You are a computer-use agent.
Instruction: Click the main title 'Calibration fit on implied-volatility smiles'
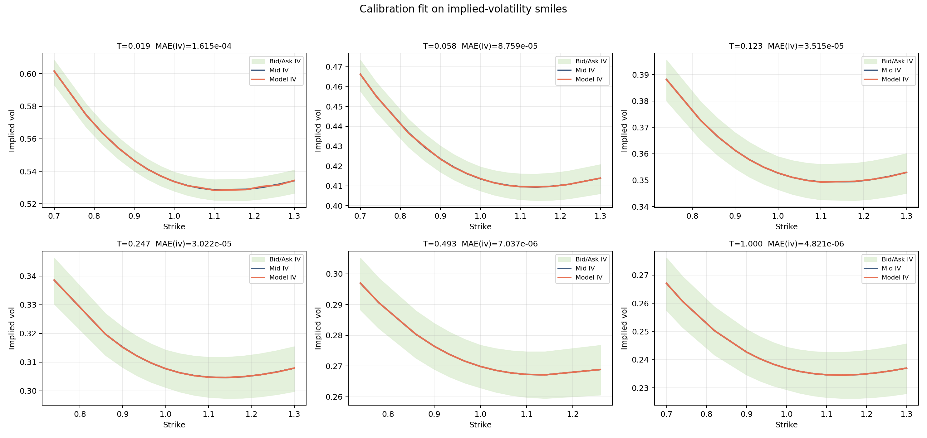[x=463, y=9]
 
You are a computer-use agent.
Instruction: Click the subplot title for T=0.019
[x=174, y=46]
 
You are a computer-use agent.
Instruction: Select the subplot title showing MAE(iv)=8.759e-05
[x=480, y=46]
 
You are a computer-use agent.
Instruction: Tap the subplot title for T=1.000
[x=786, y=244]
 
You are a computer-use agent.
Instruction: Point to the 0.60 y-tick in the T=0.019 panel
[x=28, y=74]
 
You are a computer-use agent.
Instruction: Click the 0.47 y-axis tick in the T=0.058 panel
[x=334, y=67]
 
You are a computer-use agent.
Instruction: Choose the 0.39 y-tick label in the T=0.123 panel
[x=640, y=75]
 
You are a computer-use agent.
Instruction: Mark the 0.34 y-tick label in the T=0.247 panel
[x=28, y=276]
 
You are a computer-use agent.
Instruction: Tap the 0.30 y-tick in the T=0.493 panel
[x=334, y=274]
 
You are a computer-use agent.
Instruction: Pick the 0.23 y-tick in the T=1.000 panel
[x=640, y=388]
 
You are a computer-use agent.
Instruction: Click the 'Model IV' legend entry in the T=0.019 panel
[x=282, y=80]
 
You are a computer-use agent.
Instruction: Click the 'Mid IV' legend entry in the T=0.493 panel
[x=585, y=268]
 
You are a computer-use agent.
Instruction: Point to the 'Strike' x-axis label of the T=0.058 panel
[x=480, y=226]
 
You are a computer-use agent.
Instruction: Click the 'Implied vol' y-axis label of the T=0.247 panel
[x=12, y=328]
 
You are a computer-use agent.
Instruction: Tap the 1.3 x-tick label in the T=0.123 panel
[x=906, y=216]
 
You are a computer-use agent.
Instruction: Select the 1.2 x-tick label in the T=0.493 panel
[x=572, y=414]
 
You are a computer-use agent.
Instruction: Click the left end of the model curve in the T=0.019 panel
[x=54, y=71]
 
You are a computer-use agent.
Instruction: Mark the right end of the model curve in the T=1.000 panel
[x=906, y=368]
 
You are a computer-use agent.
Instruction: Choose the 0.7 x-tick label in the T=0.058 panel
[x=360, y=216]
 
